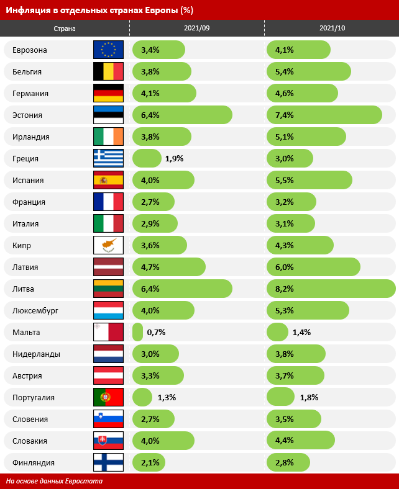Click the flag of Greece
point(108,158)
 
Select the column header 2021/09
point(196,29)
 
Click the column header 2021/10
point(331,29)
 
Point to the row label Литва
point(23,289)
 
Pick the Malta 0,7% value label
point(156,332)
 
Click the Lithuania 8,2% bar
point(331,289)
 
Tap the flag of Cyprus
point(108,245)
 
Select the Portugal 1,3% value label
point(166,397)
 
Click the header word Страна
point(65,29)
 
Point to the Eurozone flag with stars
point(108,50)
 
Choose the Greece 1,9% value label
point(174,158)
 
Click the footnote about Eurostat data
point(55,481)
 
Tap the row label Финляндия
point(34,462)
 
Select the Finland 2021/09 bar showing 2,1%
point(150,462)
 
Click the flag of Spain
point(108,180)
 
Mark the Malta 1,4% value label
point(301,332)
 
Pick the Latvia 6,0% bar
point(313,267)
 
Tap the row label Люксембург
point(35,310)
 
